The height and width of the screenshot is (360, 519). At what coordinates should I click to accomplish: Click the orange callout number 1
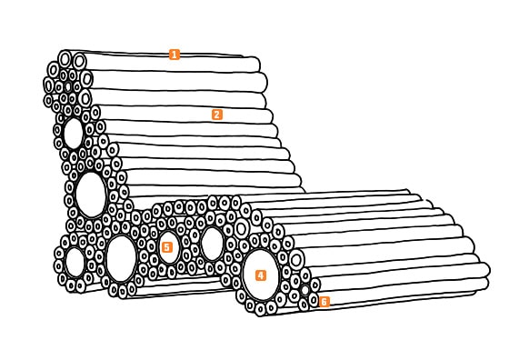click(175, 55)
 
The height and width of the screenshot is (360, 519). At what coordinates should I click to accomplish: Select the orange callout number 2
click(217, 115)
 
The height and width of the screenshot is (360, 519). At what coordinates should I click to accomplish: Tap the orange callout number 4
click(261, 275)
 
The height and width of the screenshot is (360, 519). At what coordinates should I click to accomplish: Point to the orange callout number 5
click(167, 247)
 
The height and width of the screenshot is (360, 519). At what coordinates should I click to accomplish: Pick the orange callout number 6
click(324, 302)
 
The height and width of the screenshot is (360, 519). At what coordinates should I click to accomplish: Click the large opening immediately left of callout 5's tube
click(121, 258)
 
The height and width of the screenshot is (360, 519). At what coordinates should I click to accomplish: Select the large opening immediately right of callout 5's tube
click(212, 244)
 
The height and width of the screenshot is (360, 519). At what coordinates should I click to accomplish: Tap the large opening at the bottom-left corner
click(75, 263)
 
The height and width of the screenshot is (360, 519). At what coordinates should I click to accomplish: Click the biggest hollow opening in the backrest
click(91, 195)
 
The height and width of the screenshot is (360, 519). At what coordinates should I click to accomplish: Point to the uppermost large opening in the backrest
click(73, 134)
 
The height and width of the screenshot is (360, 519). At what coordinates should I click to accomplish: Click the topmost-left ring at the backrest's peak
click(65, 60)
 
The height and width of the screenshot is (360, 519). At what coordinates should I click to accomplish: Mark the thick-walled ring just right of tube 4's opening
click(296, 260)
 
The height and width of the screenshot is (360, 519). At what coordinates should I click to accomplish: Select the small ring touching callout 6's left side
click(313, 300)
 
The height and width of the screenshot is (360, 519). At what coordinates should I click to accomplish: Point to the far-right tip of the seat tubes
click(487, 270)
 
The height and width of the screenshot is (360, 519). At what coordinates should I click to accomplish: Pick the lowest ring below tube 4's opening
click(261, 310)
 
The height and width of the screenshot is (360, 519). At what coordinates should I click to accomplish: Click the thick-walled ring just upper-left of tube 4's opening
click(242, 228)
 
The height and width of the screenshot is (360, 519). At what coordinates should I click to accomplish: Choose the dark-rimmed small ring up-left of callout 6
click(304, 290)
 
